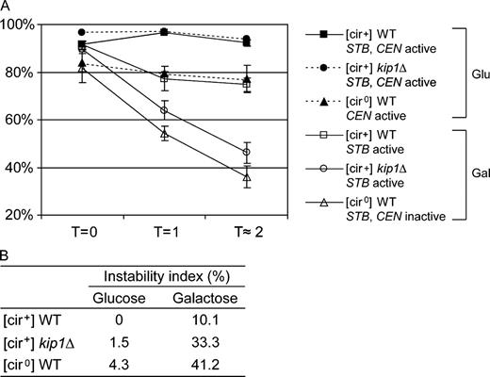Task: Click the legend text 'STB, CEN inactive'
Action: [x=391, y=218]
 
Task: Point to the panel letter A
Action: [x=7, y=8]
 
